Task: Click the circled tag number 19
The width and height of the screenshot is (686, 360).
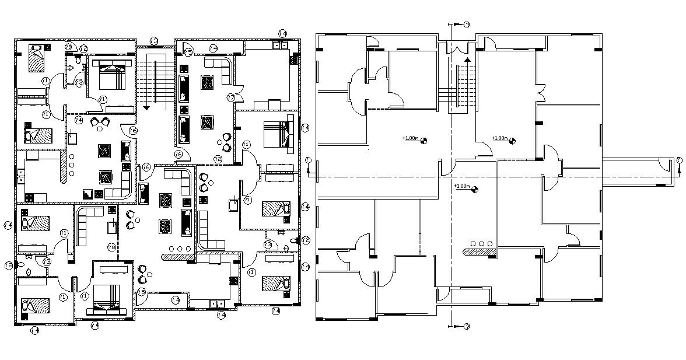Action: coord(68,47)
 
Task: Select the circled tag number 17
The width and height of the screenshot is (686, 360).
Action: coord(231,97)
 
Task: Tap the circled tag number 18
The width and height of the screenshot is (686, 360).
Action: coord(111,247)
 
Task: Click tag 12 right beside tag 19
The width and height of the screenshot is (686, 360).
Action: coord(84,48)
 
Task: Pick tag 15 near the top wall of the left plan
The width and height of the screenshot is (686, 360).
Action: coord(188,53)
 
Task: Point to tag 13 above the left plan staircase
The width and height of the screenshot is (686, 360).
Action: coord(154,41)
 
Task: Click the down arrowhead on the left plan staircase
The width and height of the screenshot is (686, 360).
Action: coord(146,108)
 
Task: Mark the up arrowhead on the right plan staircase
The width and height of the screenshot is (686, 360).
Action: coord(467,59)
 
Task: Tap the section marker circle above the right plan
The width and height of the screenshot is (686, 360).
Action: coord(467,25)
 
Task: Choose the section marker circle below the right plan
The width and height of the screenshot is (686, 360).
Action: coord(467,326)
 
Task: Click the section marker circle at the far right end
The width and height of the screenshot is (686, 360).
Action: coord(680,160)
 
